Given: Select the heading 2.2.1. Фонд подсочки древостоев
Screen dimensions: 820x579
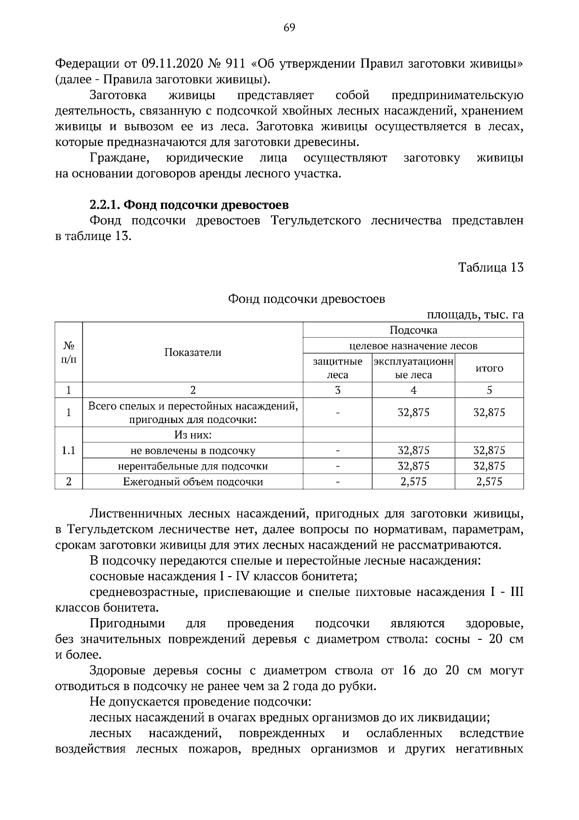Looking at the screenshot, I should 189,205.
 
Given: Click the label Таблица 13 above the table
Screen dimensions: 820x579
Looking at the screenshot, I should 491,268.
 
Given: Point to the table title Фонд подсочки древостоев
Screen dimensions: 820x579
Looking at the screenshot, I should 306,299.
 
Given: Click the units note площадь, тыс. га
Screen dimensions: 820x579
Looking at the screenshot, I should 475,315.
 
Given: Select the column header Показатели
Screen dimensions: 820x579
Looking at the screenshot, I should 193,353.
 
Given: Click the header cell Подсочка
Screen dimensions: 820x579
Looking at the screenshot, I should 413,330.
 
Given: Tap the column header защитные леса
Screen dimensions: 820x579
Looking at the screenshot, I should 337,368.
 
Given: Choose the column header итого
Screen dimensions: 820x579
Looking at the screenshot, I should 489,368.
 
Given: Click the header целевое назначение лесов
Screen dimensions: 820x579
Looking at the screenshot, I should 413,346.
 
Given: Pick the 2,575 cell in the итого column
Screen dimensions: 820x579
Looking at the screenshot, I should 489,481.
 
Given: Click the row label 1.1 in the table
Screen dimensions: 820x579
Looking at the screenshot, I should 69,451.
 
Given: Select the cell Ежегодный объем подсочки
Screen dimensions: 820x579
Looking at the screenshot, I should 193,481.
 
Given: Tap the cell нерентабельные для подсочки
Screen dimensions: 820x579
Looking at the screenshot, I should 193,466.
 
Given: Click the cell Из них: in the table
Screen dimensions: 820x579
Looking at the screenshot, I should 193,435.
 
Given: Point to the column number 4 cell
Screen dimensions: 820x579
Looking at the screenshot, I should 413,390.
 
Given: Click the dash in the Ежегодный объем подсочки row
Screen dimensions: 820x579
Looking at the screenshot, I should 337,481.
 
